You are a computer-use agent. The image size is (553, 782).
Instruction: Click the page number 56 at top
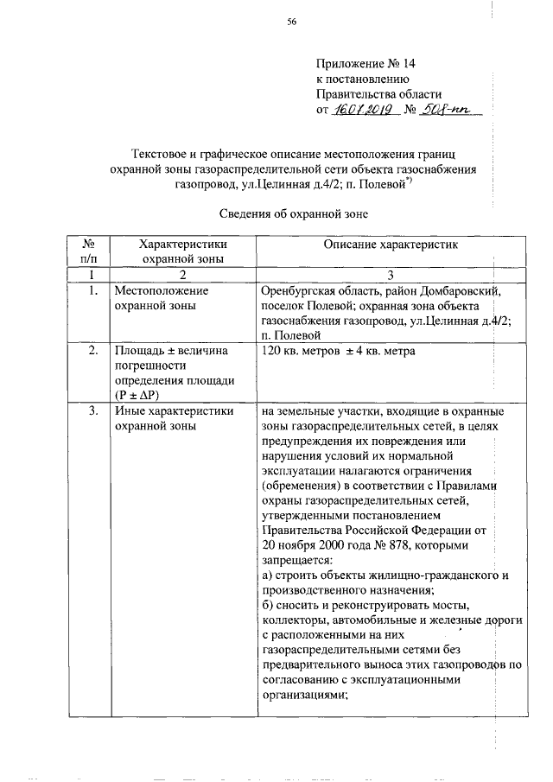pos(292,23)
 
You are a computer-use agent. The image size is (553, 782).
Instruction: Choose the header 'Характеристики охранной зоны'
pos(177,251)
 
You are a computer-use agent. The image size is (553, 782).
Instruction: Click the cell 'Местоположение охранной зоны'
pos(160,299)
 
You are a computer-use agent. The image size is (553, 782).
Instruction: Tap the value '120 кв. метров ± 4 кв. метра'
pos(338,352)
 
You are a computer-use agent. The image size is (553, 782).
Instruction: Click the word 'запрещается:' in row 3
pos(294,561)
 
